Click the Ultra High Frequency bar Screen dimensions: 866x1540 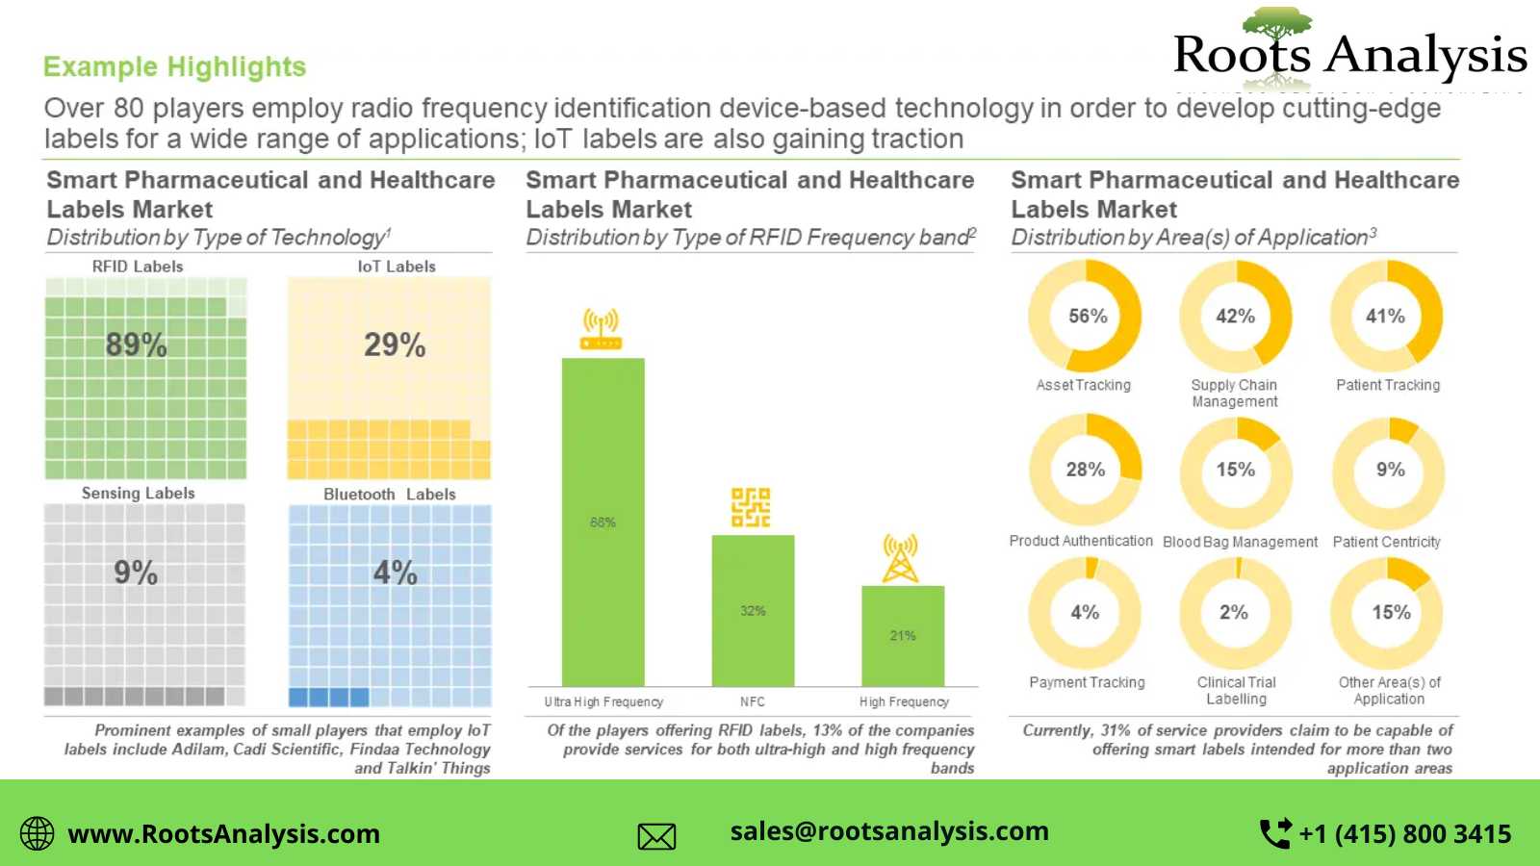[x=603, y=522]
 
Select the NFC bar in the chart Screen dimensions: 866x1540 [x=753, y=610]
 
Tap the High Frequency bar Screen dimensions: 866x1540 [x=903, y=635]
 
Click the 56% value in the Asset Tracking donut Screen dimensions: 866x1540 [x=1088, y=317]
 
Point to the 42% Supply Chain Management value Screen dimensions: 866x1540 [x=1235, y=317]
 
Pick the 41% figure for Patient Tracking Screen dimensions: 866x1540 [x=1385, y=317]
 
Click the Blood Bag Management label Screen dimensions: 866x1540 [x=1240, y=543]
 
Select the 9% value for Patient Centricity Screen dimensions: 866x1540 [x=1390, y=470]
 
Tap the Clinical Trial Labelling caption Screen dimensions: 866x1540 [x=1237, y=691]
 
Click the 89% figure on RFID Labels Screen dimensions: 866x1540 [x=137, y=344]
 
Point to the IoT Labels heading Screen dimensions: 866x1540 [x=397, y=267]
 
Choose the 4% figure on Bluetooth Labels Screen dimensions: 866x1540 [x=395, y=573]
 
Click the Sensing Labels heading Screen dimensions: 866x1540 [x=138, y=494]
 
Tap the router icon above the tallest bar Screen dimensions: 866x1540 [x=602, y=329]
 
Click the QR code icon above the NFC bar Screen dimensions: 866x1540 [x=751, y=507]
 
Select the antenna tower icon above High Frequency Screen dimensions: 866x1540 [x=901, y=559]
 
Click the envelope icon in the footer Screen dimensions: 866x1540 [x=656, y=836]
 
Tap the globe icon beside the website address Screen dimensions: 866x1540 [x=38, y=833]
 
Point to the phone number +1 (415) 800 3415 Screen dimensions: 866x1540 [x=1404, y=834]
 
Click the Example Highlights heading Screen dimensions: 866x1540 [x=174, y=67]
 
